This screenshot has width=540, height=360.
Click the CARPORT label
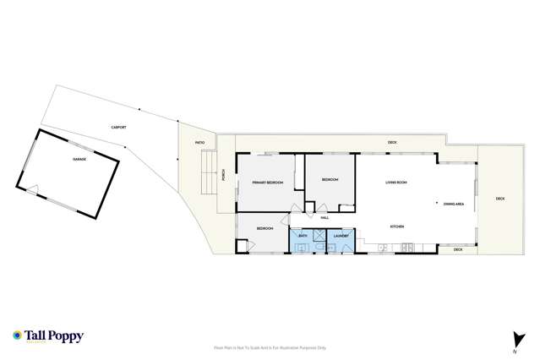(119, 127)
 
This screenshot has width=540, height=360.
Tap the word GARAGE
(79, 158)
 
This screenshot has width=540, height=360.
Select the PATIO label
(199, 143)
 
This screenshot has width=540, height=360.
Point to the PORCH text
(223, 175)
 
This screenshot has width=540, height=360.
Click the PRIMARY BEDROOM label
(267, 183)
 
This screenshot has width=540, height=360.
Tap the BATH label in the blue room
(302, 236)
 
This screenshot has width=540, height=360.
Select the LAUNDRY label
(341, 236)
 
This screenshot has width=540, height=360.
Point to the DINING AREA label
(452, 203)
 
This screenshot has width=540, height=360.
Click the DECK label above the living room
(392, 142)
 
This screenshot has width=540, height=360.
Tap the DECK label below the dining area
(458, 249)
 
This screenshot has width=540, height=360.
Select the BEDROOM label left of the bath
(265, 228)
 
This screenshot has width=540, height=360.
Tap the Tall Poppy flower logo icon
(16, 335)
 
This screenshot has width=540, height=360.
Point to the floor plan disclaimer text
(270, 347)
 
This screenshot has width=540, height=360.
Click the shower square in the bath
(319, 237)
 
